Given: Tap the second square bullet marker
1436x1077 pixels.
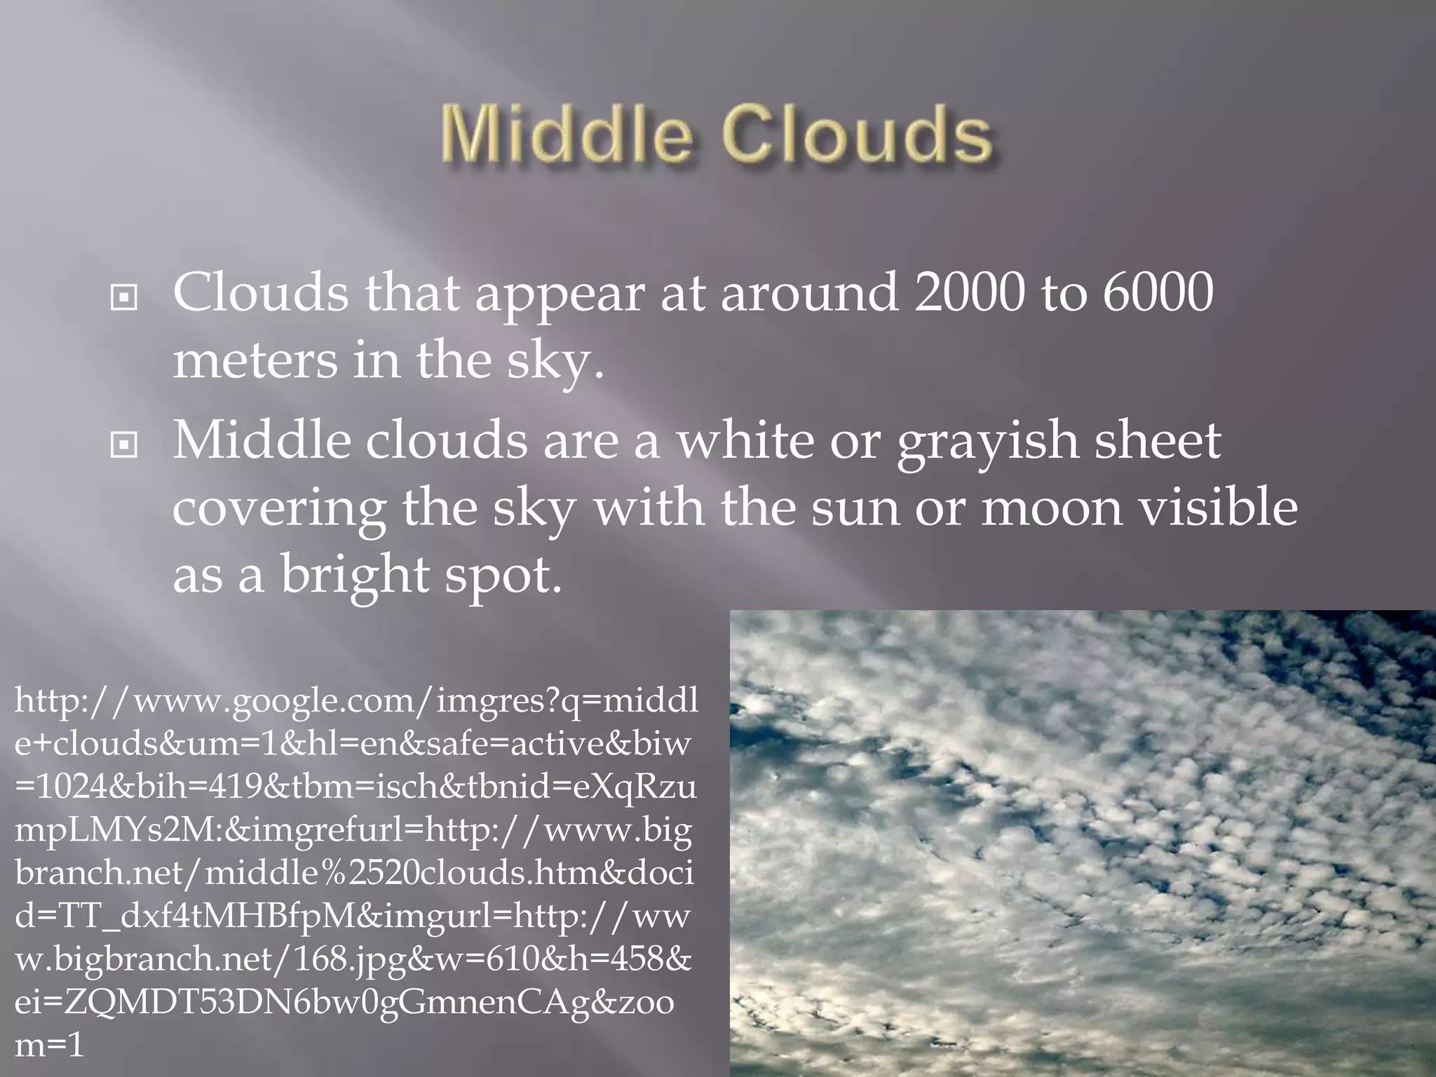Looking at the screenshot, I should click(124, 445).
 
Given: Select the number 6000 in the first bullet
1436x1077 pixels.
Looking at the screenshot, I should click(1157, 292).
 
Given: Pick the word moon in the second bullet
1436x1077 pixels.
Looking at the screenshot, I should click(1052, 508).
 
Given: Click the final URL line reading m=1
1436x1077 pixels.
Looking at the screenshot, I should click(49, 1045).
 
